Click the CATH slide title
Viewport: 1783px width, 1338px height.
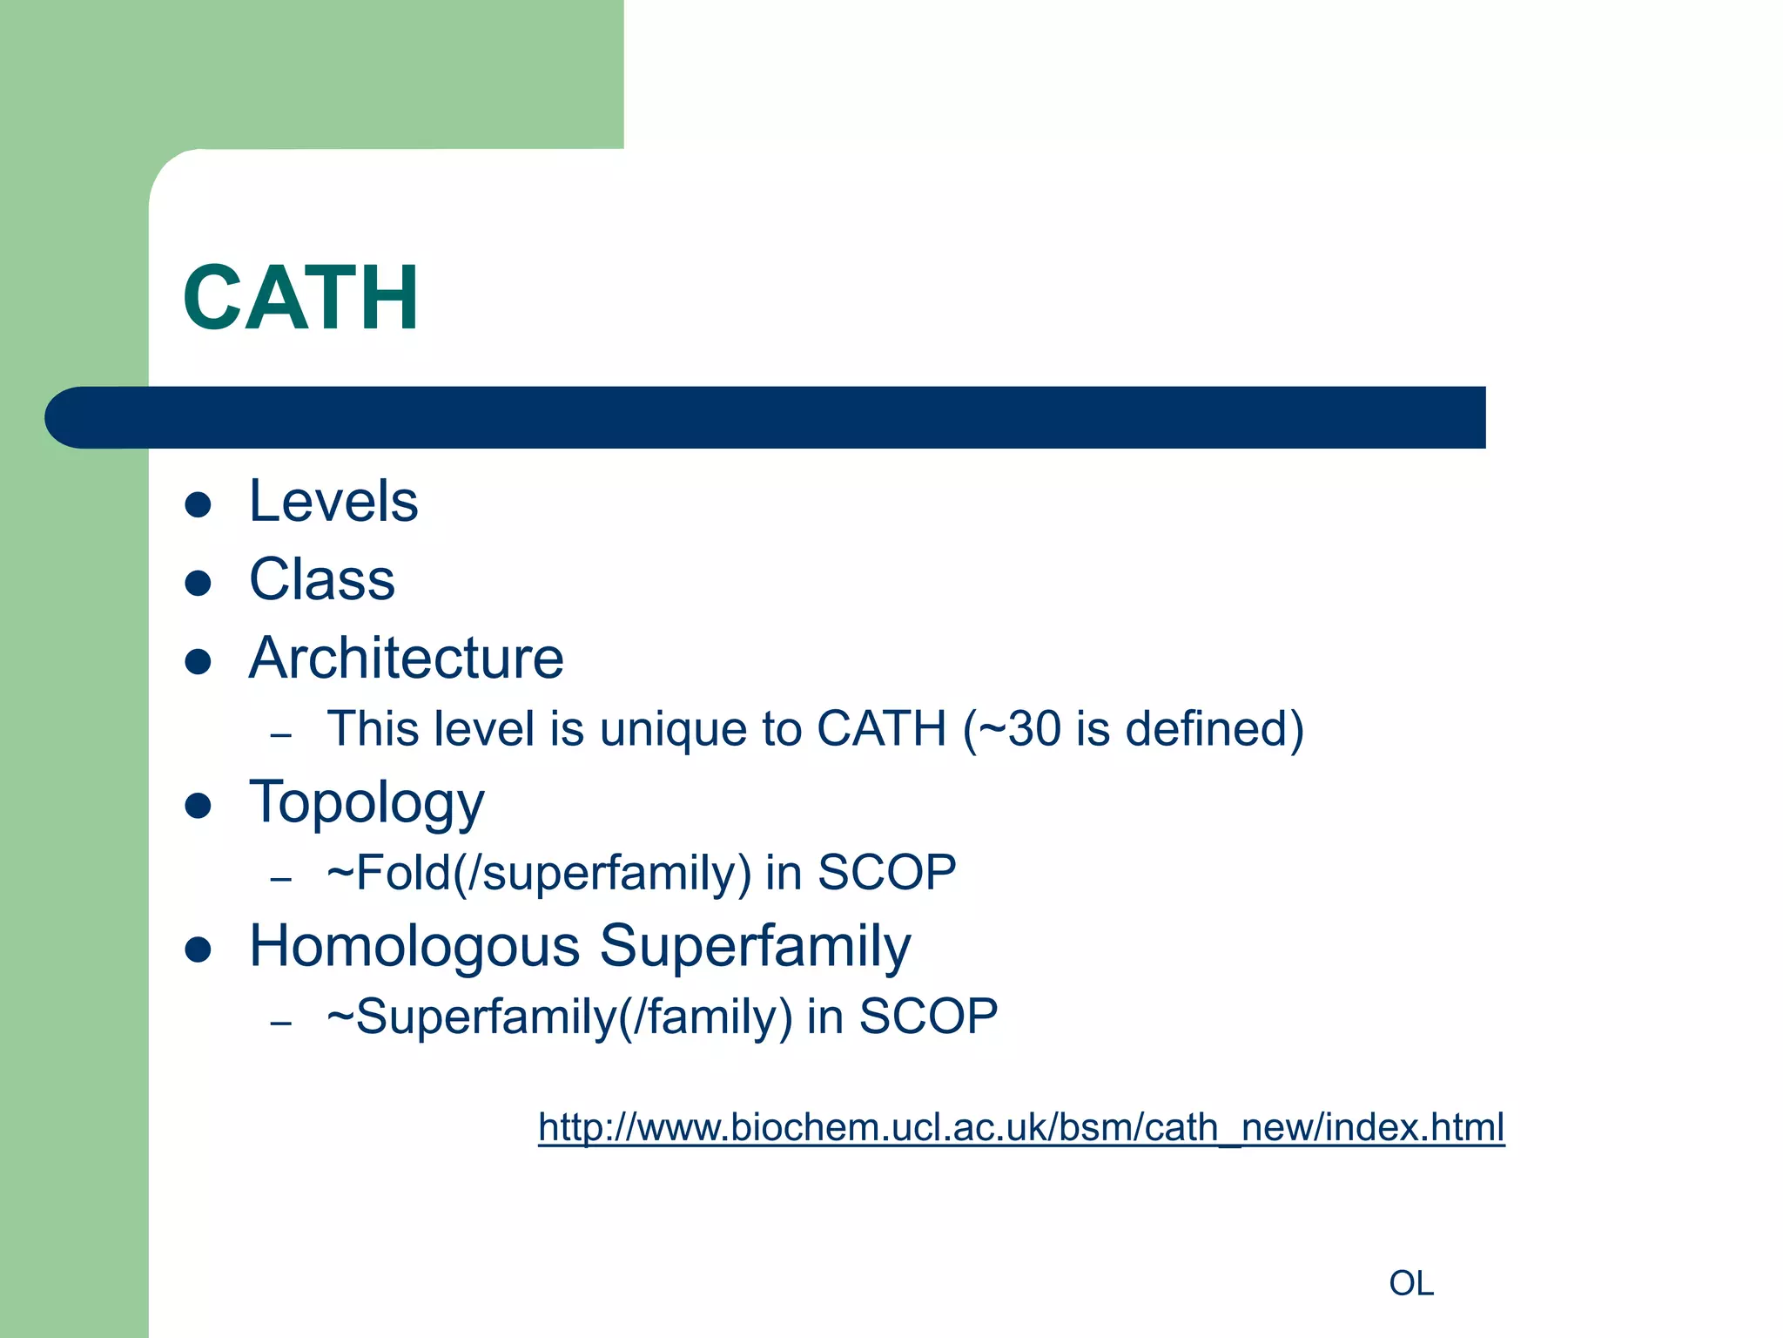tap(300, 298)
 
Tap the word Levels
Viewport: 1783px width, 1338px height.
tap(333, 502)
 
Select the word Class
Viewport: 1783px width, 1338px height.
tap(322, 580)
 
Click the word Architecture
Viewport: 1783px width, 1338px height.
tap(406, 659)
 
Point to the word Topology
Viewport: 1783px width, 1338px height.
tap(367, 803)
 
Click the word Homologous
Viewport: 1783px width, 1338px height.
tap(414, 947)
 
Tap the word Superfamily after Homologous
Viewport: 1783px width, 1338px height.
tap(755, 947)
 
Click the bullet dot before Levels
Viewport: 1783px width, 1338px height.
tap(198, 504)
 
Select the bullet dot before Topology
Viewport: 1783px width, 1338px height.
tap(198, 806)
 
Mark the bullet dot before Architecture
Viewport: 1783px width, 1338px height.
tap(198, 661)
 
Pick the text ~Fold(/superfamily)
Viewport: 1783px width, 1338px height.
tap(539, 874)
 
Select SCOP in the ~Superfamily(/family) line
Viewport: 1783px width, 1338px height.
tap(928, 1017)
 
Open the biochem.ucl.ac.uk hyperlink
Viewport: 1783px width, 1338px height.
tap(1020, 1127)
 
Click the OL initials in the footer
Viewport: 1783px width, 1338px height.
tap(1410, 1284)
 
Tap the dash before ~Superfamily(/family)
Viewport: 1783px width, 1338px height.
tap(280, 1022)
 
